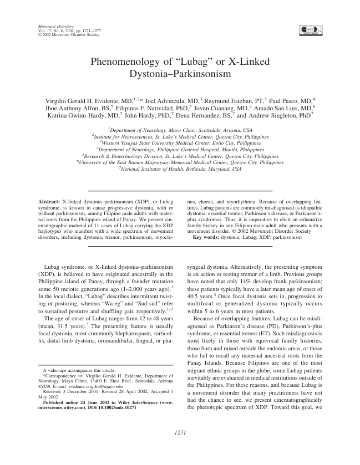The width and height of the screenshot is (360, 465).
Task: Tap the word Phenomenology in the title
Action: [125, 62]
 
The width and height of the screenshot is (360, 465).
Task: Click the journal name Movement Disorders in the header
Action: [50, 26]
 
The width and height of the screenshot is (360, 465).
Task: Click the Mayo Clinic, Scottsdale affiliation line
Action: [180, 129]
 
